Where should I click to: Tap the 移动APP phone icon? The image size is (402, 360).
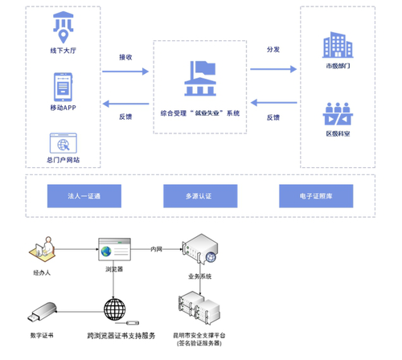64,87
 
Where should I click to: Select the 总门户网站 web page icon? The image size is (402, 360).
64,144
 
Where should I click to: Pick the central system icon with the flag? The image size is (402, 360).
199,80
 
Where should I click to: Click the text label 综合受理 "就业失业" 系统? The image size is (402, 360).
200,113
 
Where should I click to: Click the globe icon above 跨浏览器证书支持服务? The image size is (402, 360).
115,309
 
